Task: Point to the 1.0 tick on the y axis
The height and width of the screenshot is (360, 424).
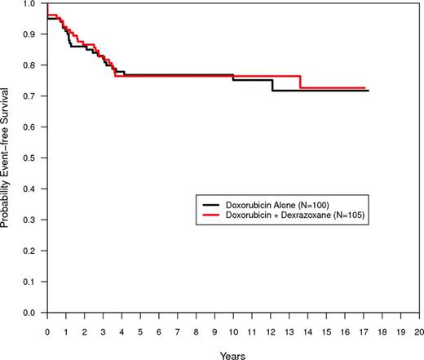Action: (x=33, y=4)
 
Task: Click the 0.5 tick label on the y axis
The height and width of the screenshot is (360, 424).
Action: (x=33, y=158)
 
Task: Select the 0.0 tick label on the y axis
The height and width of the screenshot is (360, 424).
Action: (x=33, y=313)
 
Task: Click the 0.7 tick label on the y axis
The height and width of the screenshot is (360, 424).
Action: (x=33, y=96)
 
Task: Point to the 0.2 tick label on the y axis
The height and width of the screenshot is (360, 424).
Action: (x=33, y=251)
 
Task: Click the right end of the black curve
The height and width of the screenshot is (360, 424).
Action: (x=368, y=91)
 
